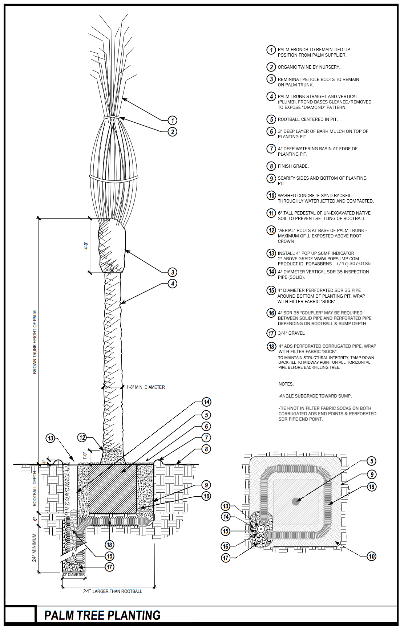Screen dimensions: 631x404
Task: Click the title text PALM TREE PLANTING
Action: tap(102, 615)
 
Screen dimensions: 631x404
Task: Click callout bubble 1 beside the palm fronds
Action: tap(173, 120)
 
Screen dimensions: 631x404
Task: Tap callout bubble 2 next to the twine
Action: tap(173, 131)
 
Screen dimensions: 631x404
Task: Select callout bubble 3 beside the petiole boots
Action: tap(173, 272)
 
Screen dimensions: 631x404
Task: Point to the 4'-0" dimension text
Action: tap(86, 245)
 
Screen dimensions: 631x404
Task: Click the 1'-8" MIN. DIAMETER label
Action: tap(145, 387)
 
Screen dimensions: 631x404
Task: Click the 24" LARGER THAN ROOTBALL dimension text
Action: tap(112, 591)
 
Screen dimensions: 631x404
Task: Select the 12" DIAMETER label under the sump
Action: tap(74, 575)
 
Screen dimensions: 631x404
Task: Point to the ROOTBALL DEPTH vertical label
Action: tap(35, 488)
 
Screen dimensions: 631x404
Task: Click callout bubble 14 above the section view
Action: tap(206, 402)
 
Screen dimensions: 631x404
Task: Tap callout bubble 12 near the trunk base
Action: tap(82, 437)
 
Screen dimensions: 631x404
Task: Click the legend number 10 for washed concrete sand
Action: tap(271, 196)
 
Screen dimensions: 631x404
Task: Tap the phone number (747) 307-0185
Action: tap(353, 264)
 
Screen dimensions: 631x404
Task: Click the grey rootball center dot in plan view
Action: tap(296, 501)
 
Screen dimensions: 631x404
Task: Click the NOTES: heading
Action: tap(286, 384)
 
